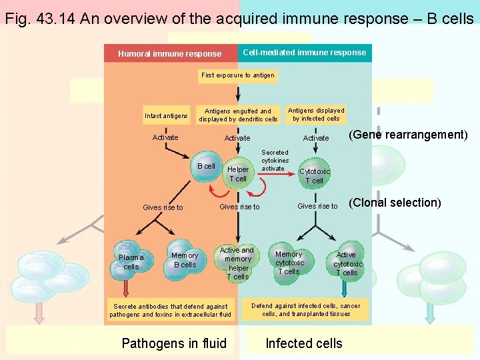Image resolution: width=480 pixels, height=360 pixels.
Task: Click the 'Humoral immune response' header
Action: [169, 54]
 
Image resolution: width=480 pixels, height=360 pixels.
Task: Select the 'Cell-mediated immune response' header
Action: [304, 53]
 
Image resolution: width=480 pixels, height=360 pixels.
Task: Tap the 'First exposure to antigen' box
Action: [237, 75]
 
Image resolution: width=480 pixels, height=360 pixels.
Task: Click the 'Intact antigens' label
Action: [166, 116]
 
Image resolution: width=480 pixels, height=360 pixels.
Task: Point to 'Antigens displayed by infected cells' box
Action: [315, 115]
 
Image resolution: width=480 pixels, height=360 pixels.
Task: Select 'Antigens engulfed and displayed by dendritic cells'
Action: [238, 115]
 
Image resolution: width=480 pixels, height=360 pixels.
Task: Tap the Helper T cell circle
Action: [238, 174]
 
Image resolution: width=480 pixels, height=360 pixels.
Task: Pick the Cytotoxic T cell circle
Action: [314, 176]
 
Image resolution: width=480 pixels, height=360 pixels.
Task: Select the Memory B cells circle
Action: [184, 260]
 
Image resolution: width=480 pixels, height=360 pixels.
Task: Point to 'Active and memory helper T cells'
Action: [237, 263]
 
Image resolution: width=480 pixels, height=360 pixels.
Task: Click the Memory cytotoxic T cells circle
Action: [288, 263]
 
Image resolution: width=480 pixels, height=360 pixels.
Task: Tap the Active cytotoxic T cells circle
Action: [346, 263]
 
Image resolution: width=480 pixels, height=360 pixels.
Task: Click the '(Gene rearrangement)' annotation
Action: [408, 135]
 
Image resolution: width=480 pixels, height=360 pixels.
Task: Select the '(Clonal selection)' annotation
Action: [395, 203]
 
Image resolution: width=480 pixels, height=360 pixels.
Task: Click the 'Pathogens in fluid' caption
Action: [174, 343]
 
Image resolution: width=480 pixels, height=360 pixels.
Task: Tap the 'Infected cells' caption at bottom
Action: [303, 343]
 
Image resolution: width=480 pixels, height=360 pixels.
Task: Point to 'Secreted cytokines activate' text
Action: [275, 161]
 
